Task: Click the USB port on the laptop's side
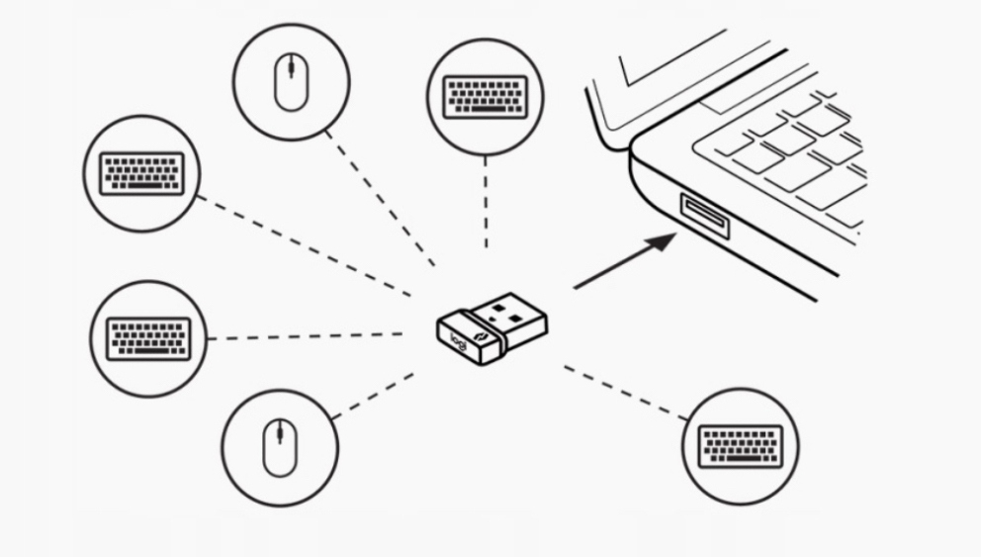704,216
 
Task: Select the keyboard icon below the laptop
740,445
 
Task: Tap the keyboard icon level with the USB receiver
148,338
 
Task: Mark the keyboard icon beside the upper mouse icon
142,172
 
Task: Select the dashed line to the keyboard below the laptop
625,393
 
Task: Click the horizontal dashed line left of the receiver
307,337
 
